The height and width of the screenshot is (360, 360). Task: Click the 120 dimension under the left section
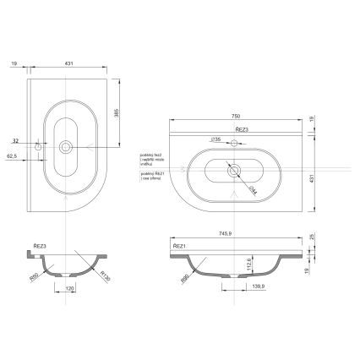pyautogui.click(x=69, y=288)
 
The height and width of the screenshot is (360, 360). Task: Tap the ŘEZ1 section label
pyautogui.click(x=178, y=246)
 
